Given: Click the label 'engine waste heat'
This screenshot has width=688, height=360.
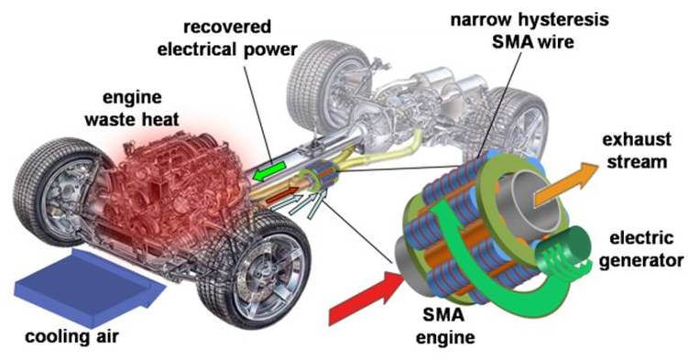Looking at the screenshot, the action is [132, 108].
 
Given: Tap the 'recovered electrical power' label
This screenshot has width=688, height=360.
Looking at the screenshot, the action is [227, 38].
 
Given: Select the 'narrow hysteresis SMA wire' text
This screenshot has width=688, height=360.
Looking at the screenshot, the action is [530, 31].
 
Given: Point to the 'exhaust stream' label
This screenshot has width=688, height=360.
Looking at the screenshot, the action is [637, 150].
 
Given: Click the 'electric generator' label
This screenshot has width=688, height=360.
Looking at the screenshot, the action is [641, 249].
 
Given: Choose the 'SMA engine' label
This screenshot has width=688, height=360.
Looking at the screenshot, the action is [445, 326].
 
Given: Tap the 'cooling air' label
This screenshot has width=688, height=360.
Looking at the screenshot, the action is [72, 337].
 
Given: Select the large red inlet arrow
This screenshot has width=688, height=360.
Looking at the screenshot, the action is [366, 298].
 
